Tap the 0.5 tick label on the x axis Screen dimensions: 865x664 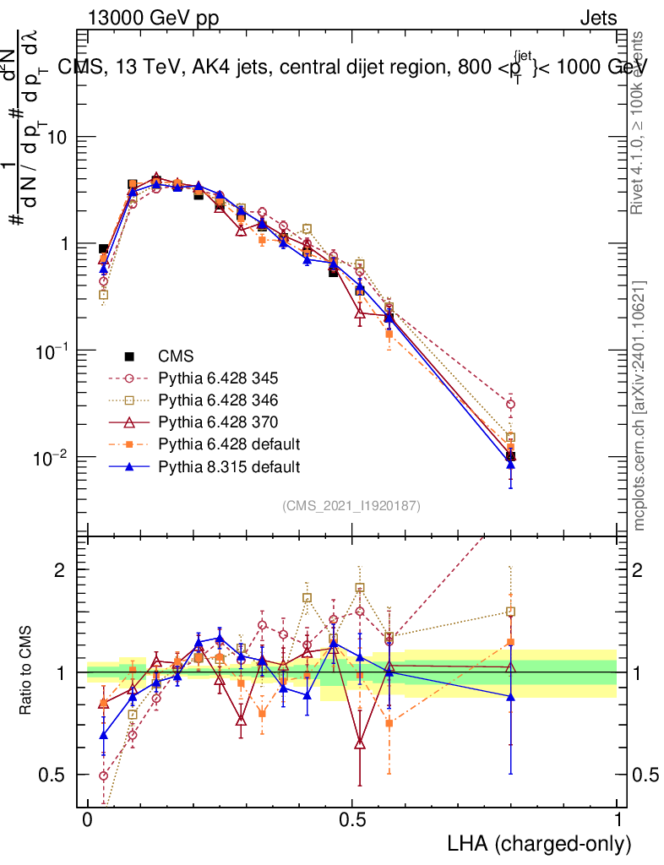pyautogui.click(x=352, y=821)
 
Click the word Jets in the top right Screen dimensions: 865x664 pyautogui.click(x=597, y=19)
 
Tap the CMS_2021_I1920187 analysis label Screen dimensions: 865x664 pyautogui.click(x=351, y=505)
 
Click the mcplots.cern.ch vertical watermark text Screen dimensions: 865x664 pyautogui.click(x=640, y=405)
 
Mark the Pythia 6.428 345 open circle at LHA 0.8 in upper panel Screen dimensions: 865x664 pyautogui.click(x=510, y=405)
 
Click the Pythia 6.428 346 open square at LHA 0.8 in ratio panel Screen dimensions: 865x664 pyautogui.click(x=510, y=612)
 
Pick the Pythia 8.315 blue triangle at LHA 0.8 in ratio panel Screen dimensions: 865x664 pyautogui.click(x=510, y=696)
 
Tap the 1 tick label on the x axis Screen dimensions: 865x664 pyautogui.click(x=617, y=821)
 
